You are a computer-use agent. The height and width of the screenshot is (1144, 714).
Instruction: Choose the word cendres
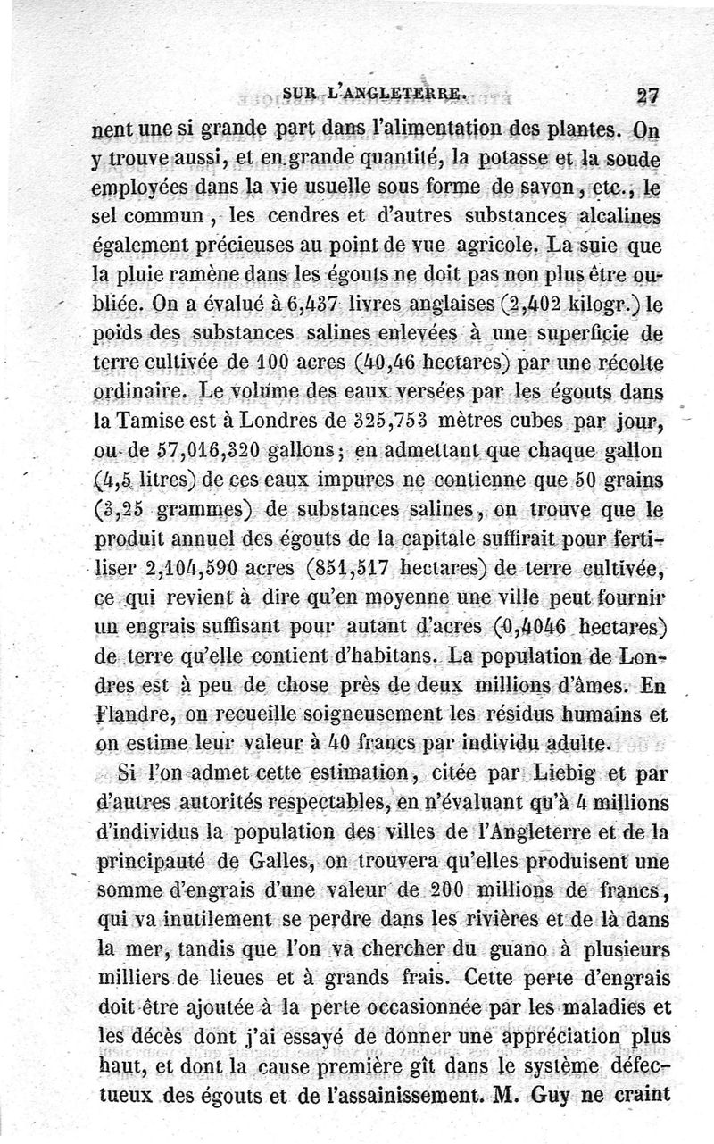tap(296, 218)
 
